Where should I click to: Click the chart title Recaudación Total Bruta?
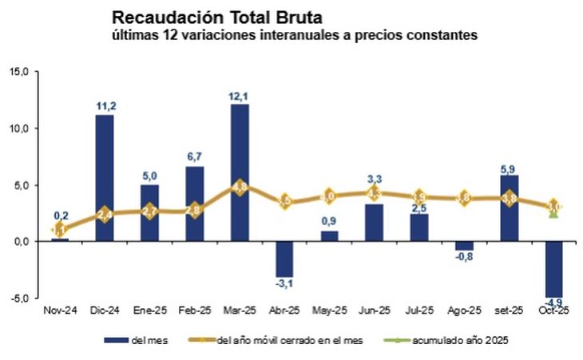(213, 16)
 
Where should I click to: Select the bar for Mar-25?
(240, 172)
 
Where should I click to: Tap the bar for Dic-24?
(104, 177)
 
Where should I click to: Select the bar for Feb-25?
(195, 203)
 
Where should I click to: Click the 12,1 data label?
(240, 97)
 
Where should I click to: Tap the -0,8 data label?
(464, 258)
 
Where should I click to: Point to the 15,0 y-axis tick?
(19, 71)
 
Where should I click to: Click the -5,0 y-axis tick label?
(19, 298)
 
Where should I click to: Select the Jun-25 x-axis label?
(374, 309)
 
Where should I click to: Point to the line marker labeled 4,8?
(240, 187)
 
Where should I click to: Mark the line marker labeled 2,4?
(104, 214)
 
